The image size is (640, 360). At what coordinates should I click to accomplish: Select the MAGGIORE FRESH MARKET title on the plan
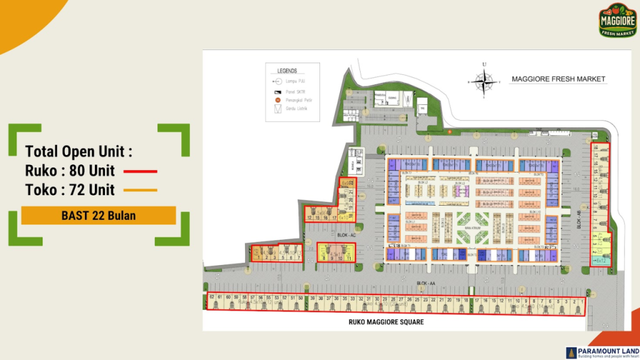tap(559, 79)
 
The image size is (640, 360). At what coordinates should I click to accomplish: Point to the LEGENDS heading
tap(287, 71)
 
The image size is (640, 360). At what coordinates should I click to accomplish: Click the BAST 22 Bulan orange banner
tap(99, 216)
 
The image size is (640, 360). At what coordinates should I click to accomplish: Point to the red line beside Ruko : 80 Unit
tap(140, 171)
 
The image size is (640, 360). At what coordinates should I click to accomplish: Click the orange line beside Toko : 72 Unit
tap(140, 190)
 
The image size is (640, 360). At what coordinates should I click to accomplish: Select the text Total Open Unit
tap(79, 151)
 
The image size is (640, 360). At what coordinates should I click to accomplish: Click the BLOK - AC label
tap(346, 236)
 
